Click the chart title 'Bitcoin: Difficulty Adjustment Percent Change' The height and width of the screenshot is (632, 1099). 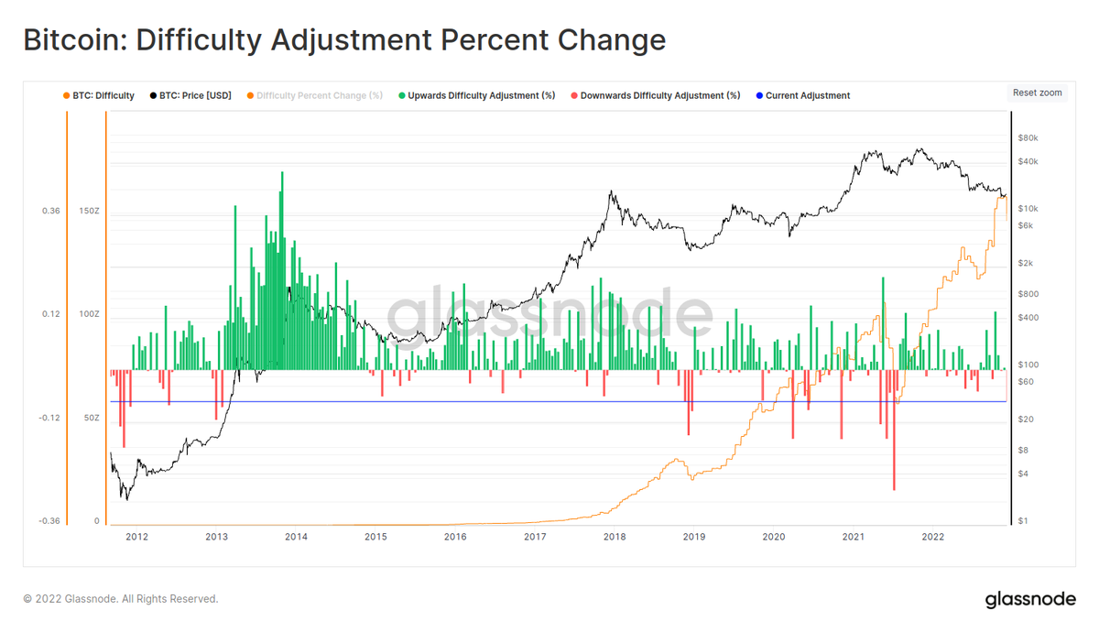(x=343, y=41)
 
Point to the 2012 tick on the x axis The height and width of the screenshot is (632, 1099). (x=136, y=538)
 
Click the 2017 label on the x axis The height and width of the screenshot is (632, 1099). (x=535, y=538)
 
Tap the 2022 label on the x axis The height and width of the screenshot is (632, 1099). (x=932, y=538)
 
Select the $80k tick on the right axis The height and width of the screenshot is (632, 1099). (x=1028, y=138)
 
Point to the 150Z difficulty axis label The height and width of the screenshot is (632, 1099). (x=89, y=212)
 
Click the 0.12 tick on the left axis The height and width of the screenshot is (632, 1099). (x=50, y=314)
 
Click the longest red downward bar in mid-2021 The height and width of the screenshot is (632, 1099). (x=893, y=430)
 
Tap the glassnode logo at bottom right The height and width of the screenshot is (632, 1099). (x=1030, y=600)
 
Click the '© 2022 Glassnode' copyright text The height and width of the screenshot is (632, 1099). (x=121, y=599)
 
